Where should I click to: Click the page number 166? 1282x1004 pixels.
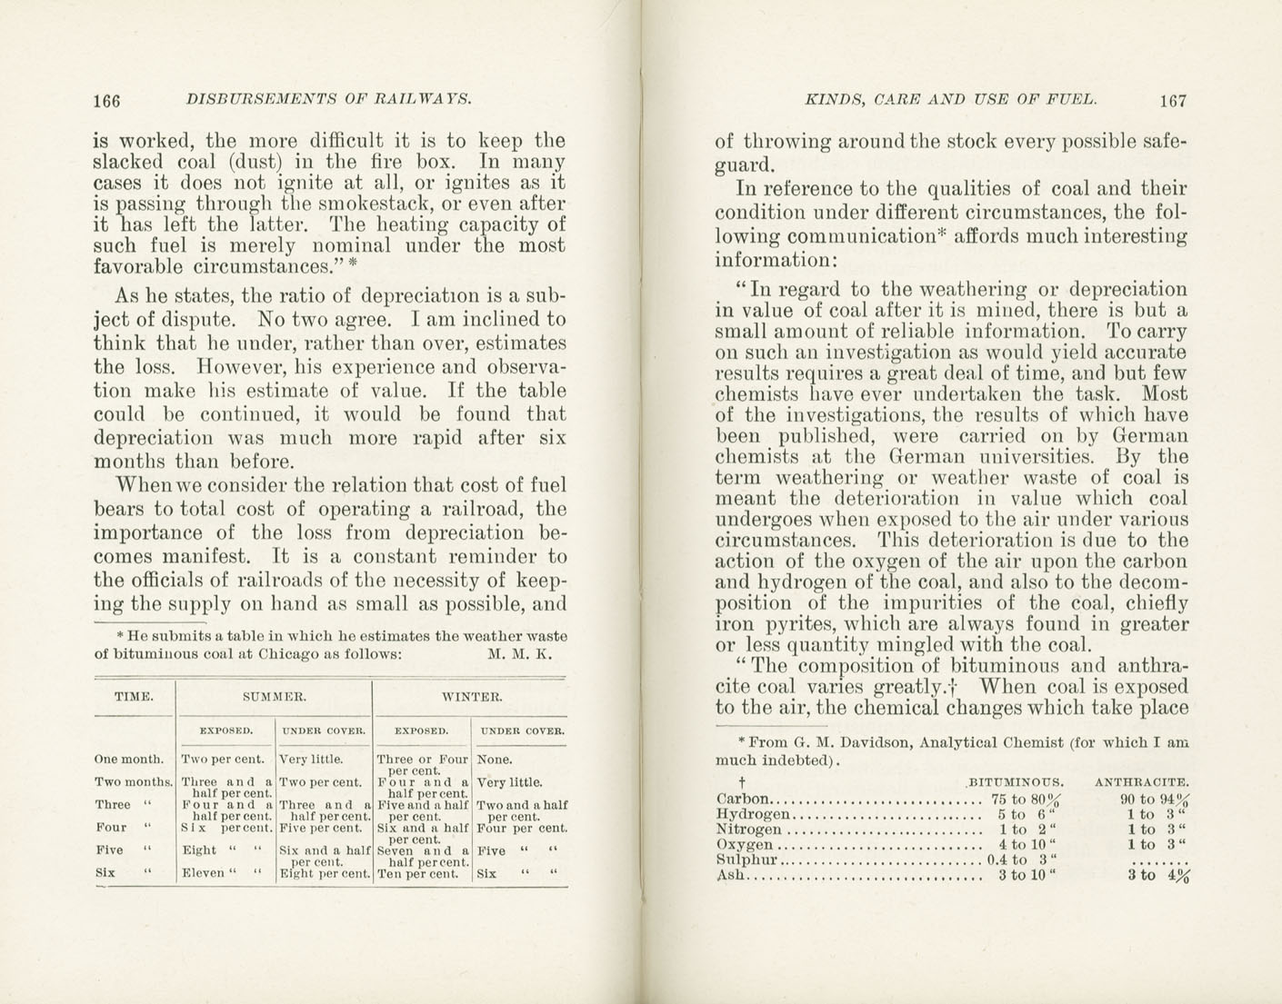pos(106,101)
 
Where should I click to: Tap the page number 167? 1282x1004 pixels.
pos(1172,101)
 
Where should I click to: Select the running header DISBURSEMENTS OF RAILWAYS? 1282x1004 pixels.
pos(327,99)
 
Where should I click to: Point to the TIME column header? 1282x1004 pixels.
pos(133,697)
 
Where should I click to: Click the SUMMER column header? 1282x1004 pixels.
pos(273,697)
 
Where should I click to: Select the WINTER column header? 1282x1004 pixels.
pos(471,697)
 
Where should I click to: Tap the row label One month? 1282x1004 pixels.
pos(129,759)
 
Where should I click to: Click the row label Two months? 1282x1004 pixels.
pos(134,781)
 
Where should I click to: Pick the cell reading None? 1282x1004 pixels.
pos(495,759)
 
